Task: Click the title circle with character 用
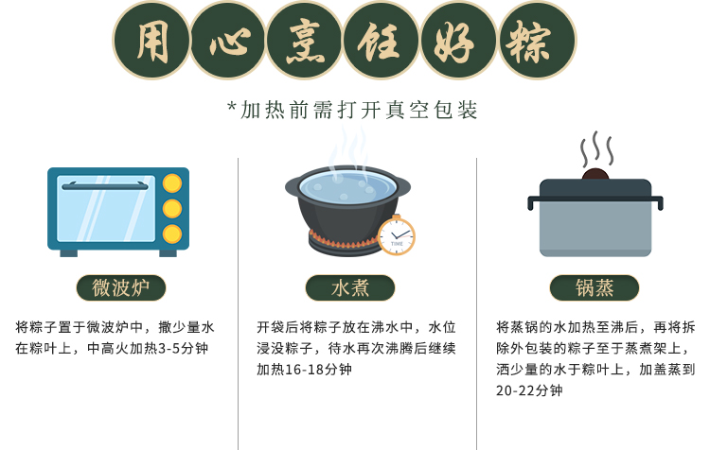click(151, 41)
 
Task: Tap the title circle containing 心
click(229, 41)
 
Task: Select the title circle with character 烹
click(305, 41)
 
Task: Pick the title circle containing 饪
click(382, 41)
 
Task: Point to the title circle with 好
click(459, 41)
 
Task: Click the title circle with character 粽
click(537, 41)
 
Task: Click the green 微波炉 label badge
click(121, 287)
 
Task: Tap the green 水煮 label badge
click(350, 287)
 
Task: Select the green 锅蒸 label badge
click(595, 287)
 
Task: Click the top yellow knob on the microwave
click(172, 183)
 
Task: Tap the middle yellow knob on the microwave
click(172, 209)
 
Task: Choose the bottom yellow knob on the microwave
click(172, 234)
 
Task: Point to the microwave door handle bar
click(105, 185)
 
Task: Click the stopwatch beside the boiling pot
click(397, 235)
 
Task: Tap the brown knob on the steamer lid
click(595, 175)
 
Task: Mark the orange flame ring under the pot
click(345, 242)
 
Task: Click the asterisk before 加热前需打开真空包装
click(232, 108)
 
